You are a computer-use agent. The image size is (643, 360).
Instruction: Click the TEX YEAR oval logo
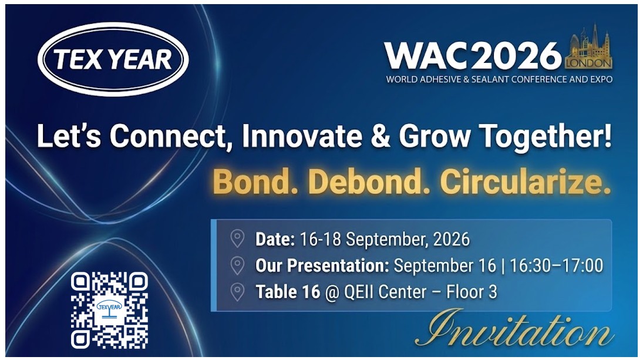tap(113, 59)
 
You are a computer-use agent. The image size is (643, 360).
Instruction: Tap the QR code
tap(109, 310)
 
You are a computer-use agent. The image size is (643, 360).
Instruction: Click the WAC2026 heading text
tap(473, 56)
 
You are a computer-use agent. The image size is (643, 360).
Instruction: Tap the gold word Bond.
tap(251, 181)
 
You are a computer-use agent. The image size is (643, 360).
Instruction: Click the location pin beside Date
tap(237, 238)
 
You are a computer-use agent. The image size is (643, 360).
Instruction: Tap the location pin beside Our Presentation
tap(237, 265)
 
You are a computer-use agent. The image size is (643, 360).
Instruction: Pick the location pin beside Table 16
tap(237, 292)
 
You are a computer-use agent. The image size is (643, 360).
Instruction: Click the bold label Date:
tap(275, 239)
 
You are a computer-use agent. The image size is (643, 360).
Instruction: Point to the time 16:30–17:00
tap(557, 265)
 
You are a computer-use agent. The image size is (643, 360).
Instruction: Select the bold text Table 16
tap(288, 292)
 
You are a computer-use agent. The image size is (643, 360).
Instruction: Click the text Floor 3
tap(472, 292)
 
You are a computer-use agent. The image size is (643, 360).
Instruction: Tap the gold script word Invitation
tap(514, 328)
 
